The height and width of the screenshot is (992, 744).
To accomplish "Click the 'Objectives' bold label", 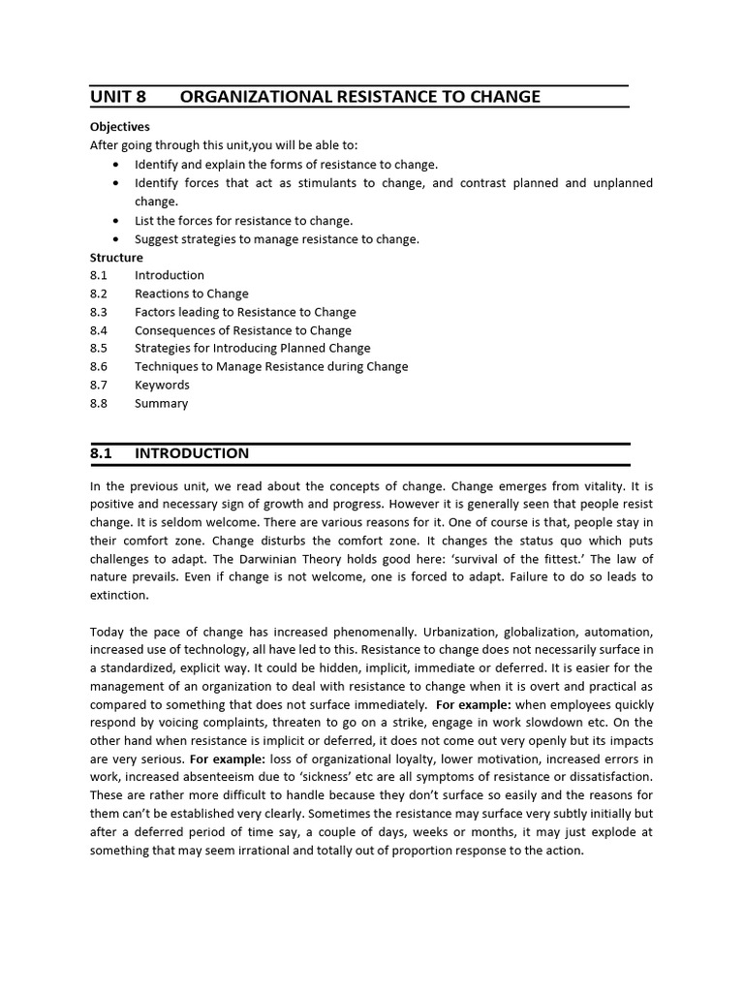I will (x=120, y=127).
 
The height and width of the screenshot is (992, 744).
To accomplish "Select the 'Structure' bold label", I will (x=116, y=258).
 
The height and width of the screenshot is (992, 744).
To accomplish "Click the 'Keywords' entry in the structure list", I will (x=162, y=385).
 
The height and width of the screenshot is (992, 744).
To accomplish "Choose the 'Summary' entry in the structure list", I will (x=161, y=403).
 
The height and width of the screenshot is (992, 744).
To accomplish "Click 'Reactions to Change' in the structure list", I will (x=191, y=294).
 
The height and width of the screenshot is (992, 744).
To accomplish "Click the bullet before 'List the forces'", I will (x=117, y=221).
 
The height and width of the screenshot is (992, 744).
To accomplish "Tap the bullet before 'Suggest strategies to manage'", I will (x=117, y=239).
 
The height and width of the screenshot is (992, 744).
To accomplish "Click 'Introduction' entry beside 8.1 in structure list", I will (x=170, y=275).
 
